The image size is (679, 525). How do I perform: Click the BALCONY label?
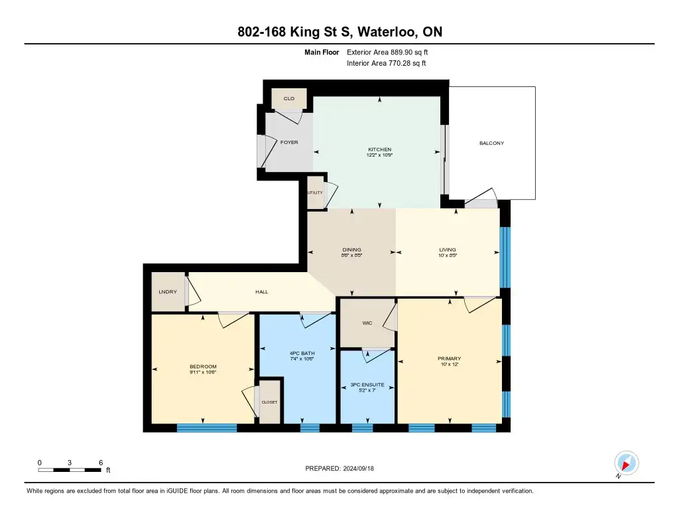pos(491,143)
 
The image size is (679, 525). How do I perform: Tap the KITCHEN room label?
pos(380,149)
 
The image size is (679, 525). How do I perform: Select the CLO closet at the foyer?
pos(289,98)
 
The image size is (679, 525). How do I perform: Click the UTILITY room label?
pos(315,192)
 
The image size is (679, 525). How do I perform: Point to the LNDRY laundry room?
pos(168,292)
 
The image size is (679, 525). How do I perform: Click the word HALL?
pos(261,292)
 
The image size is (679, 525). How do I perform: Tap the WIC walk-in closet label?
pos(367,323)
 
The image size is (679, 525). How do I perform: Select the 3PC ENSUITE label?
pos(367,384)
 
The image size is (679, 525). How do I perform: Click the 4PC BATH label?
pos(302,353)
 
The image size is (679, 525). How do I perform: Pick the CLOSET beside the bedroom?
pos(269,402)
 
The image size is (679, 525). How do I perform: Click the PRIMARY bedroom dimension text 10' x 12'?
pos(449,364)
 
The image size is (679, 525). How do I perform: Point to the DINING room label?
pos(351,250)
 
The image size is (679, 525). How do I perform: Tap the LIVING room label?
pos(448,250)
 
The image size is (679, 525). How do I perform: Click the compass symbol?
pos(626,463)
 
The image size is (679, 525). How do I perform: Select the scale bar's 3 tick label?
pos(69,463)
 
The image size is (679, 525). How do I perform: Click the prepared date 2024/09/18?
pos(359,469)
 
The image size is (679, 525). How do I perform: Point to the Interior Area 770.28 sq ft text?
pos(387,63)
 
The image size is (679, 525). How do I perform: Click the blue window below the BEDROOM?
pos(207,428)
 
